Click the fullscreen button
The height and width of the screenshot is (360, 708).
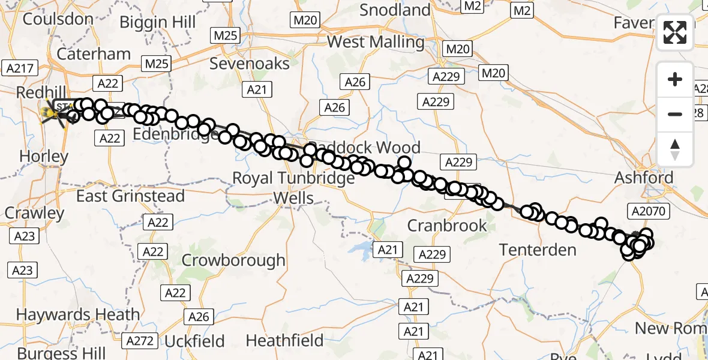(x=675, y=32)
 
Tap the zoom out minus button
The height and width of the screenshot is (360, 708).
(x=675, y=114)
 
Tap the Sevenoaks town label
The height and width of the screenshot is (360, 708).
(x=250, y=64)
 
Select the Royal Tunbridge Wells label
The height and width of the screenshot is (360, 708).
(x=293, y=188)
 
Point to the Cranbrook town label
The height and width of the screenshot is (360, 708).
(x=447, y=226)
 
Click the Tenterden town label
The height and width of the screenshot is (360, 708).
(x=538, y=250)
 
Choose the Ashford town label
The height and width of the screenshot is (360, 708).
(x=644, y=178)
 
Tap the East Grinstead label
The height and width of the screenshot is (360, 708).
(x=131, y=196)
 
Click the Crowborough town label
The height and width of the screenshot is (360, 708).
(x=233, y=260)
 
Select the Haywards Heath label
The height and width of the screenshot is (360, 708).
(x=78, y=314)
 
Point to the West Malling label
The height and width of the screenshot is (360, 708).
(x=376, y=42)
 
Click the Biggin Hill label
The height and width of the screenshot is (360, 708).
(x=158, y=23)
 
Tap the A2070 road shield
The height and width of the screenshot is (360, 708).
(x=650, y=211)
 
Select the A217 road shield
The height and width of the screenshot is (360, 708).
(x=20, y=68)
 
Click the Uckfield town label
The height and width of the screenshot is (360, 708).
(x=194, y=341)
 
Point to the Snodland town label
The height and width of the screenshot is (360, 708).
(x=395, y=10)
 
